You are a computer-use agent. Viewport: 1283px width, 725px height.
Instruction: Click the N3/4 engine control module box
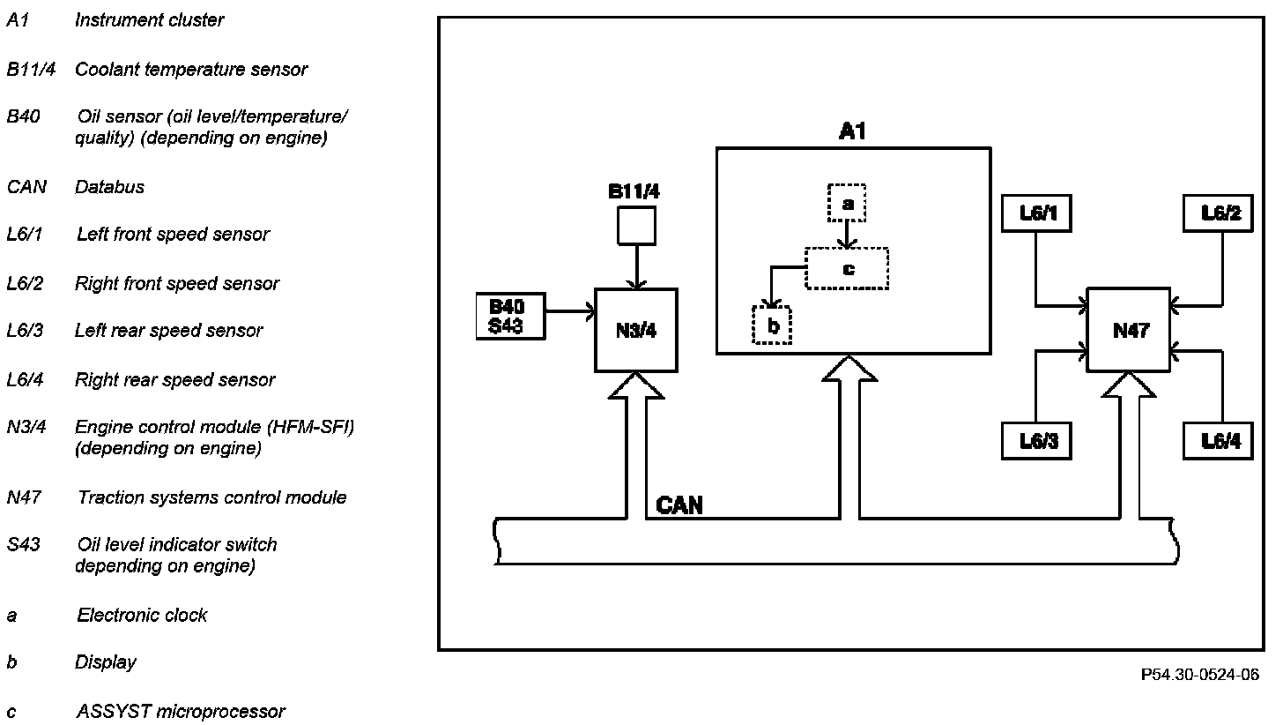tap(636, 330)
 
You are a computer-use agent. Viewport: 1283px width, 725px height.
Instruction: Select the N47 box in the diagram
tap(1128, 330)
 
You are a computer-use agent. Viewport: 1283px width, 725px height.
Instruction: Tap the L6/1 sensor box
tap(1037, 213)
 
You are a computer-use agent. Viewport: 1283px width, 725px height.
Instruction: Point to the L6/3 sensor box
tap(1037, 441)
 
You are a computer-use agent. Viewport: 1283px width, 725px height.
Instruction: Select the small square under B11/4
tap(636, 226)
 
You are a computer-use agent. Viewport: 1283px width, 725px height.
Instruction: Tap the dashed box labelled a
tap(847, 204)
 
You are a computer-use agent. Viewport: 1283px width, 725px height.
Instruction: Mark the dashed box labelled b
tap(772, 325)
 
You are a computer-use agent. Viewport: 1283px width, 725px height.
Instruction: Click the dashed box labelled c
tap(847, 268)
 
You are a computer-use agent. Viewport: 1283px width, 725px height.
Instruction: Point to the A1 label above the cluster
tap(852, 132)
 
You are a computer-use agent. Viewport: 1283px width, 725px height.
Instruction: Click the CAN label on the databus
tap(679, 505)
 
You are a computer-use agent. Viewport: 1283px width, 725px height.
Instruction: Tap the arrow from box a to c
tap(847, 235)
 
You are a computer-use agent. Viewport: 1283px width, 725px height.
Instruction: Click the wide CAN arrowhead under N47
tap(1128, 385)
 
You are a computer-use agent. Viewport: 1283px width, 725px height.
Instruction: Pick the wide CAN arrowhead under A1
tap(849, 369)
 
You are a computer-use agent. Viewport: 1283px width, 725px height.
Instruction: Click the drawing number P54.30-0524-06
tap(1199, 675)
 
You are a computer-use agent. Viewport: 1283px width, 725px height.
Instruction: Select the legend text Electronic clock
tap(142, 615)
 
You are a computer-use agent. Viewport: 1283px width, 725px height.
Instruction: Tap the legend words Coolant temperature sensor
tap(191, 69)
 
